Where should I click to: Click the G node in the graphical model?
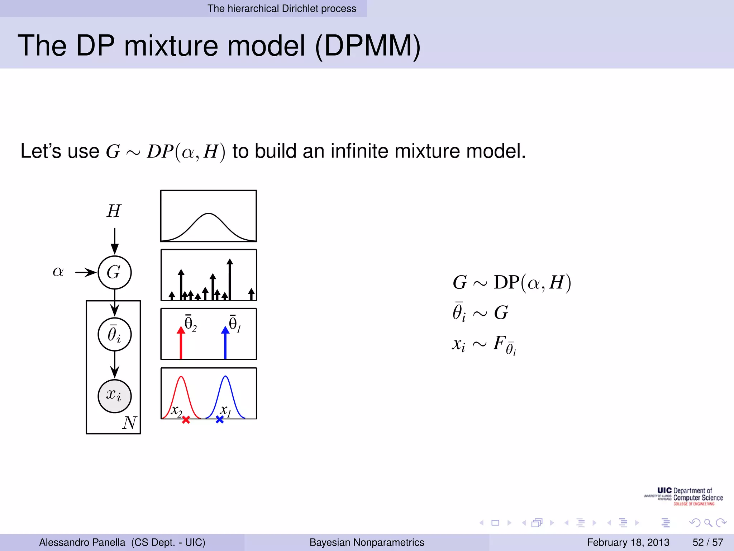point(114,273)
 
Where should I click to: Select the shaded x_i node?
point(114,396)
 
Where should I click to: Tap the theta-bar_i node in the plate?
point(114,334)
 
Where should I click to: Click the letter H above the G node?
point(114,211)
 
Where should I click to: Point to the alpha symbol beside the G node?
point(58,272)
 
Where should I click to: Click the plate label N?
point(129,423)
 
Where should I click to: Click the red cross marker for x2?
point(186,420)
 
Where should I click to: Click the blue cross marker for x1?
point(220,419)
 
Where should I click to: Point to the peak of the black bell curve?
point(209,214)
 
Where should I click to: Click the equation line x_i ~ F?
point(484,344)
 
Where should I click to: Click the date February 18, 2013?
point(628,542)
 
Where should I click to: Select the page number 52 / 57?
point(707,542)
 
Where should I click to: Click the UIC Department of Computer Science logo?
point(684,496)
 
